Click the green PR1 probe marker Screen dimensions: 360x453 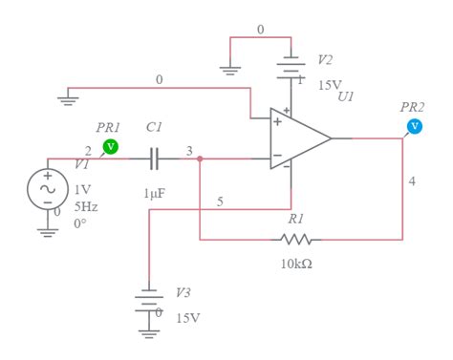click(110, 146)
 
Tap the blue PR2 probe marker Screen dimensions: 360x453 click(414, 125)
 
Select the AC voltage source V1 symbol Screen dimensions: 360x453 click(47, 188)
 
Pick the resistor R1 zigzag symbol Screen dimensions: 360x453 click(297, 239)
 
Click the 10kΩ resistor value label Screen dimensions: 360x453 click(296, 264)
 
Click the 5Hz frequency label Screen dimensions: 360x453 click(86, 205)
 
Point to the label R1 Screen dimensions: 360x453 click(296, 219)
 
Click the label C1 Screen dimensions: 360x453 click(154, 126)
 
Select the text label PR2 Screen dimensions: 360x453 click(413, 107)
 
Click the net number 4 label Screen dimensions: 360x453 click(413, 181)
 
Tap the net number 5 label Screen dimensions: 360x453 click(220, 201)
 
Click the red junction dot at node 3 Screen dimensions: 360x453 click(199, 159)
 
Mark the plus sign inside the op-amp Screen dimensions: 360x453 click(277, 122)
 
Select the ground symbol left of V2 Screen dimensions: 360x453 click(230, 68)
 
